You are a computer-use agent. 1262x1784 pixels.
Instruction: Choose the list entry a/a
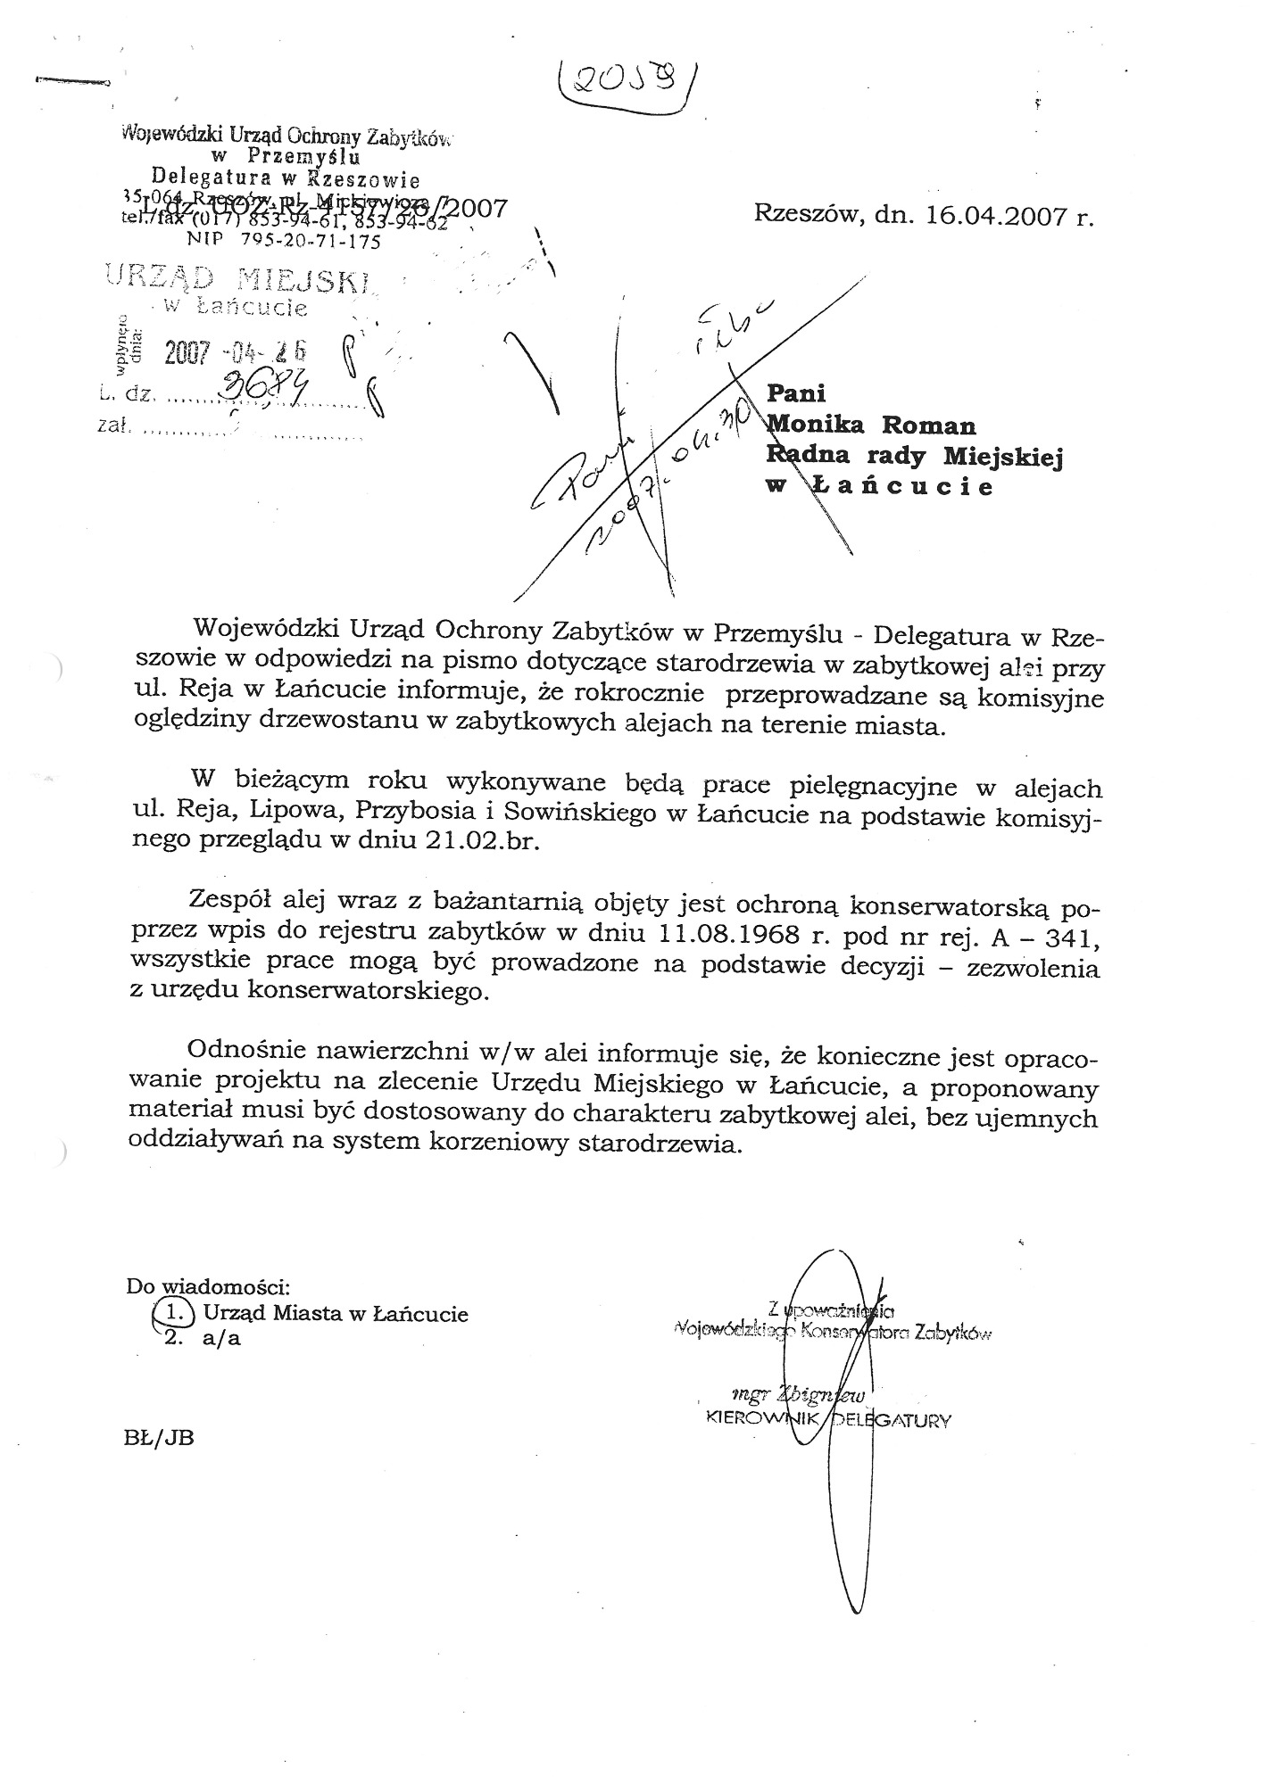(x=221, y=1339)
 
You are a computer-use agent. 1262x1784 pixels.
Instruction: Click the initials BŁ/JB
(x=161, y=1437)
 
